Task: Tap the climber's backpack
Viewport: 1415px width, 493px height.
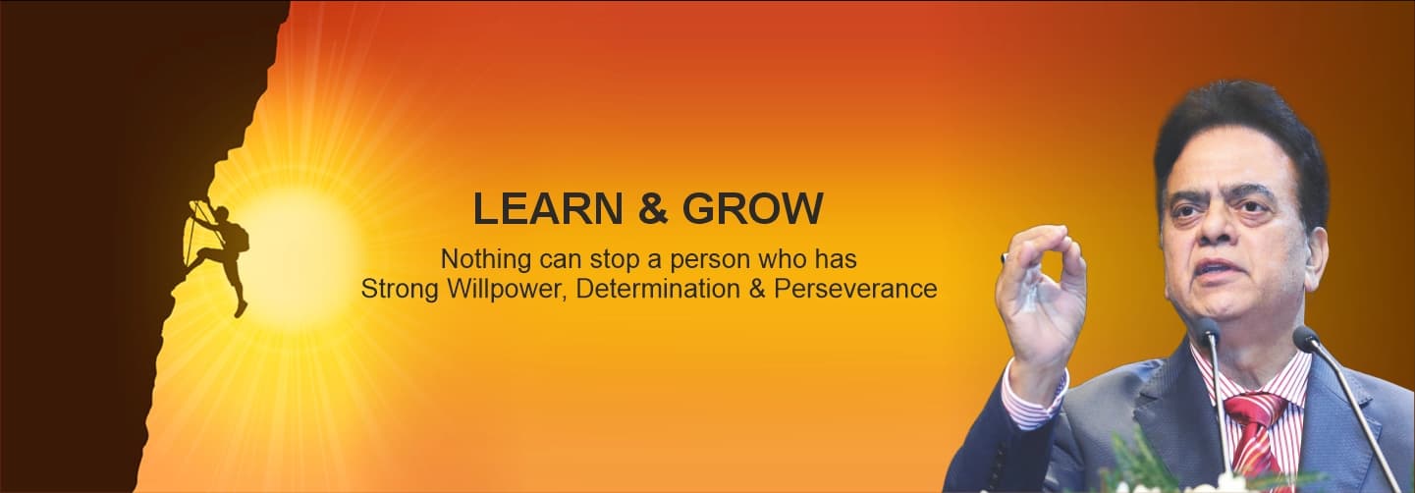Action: [238, 236]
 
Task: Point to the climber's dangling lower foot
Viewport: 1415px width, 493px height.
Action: [241, 308]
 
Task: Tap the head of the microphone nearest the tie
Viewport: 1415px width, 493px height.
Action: [1207, 331]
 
